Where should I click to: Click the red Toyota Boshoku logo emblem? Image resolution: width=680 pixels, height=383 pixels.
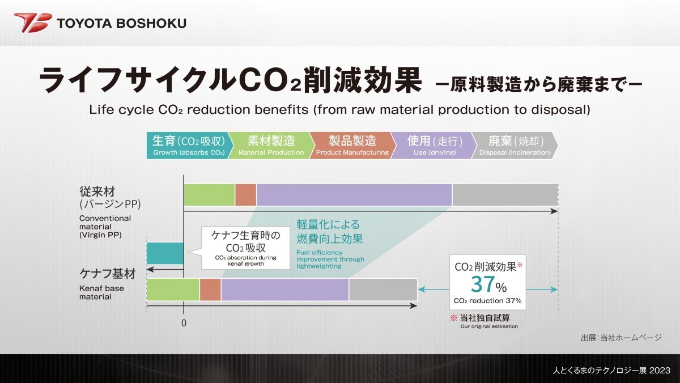33,23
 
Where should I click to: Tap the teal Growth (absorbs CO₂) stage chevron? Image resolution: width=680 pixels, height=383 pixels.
189,146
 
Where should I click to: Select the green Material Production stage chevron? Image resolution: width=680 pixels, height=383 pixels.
271,146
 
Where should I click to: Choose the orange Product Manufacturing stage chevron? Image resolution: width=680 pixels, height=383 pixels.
352,146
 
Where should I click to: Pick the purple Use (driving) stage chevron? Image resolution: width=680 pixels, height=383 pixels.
434,146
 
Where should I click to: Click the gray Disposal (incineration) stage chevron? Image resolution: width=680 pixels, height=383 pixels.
515,146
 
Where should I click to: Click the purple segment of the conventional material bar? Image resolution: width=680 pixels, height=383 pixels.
354,195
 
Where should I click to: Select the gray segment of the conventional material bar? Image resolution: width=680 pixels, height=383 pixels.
505,195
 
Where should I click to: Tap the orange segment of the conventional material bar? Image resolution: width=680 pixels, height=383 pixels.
245,195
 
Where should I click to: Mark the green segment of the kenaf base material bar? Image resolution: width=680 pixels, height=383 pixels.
173,290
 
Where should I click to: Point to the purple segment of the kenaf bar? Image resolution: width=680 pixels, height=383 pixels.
284,290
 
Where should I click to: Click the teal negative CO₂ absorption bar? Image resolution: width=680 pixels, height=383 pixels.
165,253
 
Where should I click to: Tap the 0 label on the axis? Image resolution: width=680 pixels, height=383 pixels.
184,323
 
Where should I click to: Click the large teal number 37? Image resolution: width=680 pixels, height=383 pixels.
483,284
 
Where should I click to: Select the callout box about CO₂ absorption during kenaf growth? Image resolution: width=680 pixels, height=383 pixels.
245,248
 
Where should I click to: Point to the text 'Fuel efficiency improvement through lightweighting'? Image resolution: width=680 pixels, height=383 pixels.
330,259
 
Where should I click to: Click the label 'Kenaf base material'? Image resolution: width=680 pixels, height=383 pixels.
101,292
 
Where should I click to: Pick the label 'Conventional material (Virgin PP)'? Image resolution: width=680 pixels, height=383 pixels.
105,227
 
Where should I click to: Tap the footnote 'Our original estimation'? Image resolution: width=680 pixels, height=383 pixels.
489,326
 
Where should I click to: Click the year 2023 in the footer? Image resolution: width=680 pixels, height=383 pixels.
660,371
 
